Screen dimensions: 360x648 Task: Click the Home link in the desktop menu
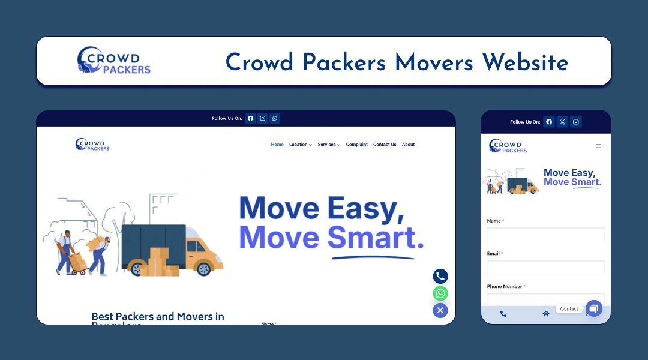(277, 145)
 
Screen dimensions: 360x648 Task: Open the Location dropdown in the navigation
(300, 145)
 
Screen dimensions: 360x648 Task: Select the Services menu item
(329, 145)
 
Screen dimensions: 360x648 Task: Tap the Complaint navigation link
(356, 145)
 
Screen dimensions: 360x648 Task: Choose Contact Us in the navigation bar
(385, 145)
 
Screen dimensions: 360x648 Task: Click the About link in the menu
(408, 145)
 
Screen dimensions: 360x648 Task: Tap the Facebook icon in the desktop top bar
(250, 118)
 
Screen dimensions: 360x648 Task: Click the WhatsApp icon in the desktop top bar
(275, 118)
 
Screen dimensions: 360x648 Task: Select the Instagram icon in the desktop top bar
(263, 118)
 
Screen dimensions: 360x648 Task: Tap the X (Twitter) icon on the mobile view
(562, 122)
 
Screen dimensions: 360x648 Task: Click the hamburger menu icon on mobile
(598, 146)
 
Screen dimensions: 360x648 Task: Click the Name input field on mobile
(545, 235)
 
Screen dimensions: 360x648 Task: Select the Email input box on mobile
(545, 267)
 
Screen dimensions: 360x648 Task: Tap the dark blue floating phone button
(440, 277)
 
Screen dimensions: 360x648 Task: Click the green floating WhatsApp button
(440, 293)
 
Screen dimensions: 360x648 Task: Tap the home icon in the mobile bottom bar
(546, 314)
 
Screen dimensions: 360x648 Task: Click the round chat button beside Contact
(594, 308)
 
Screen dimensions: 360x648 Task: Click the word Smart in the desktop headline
(371, 238)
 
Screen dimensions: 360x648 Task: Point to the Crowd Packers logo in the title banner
(113, 61)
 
